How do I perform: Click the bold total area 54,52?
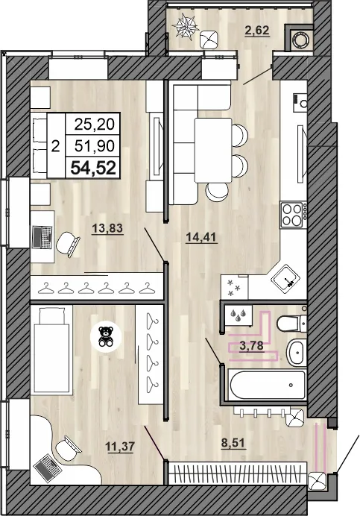coord(93,168)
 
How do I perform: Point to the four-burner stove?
coord(293,214)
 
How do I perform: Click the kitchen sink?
coord(286,280)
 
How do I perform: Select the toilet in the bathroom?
coord(289,323)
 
